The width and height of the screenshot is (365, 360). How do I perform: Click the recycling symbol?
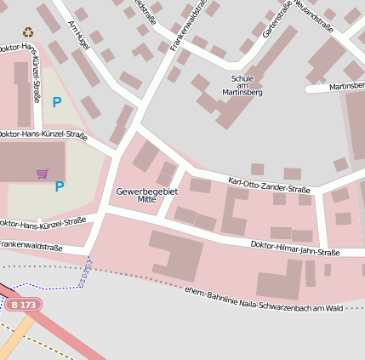pyautogui.click(x=27, y=31)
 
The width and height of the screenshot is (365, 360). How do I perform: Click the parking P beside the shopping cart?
pyautogui.click(x=60, y=186)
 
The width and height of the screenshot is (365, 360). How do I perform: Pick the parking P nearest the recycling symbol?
pyautogui.click(x=57, y=102)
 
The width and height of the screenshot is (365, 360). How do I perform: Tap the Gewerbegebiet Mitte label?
pyautogui.click(x=147, y=195)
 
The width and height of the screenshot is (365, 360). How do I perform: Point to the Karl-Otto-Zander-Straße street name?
pyautogui.click(x=269, y=185)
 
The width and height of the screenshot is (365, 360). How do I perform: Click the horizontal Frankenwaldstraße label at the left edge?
pyautogui.click(x=31, y=246)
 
